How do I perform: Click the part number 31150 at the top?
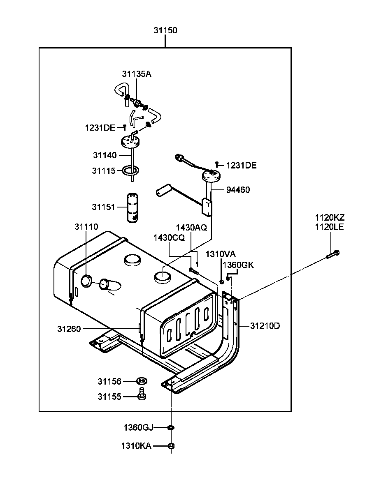click(165, 30)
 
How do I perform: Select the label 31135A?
click(136, 74)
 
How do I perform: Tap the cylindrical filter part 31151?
click(133, 208)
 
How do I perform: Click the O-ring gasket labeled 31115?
click(130, 170)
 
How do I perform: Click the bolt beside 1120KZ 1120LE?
click(333, 254)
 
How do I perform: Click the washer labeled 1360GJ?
click(171, 428)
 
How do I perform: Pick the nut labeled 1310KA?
click(172, 446)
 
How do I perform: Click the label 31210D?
click(265, 326)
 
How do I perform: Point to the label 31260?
click(69, 329)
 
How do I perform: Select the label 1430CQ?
click(169, 237)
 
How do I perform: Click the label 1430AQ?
click(191, 228)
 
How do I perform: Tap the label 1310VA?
click(221, 254)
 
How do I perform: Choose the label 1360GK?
click(238, 265)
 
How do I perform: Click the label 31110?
click(86, 227)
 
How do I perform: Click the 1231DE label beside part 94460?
click(241, 165)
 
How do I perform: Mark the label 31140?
click(105, 155)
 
